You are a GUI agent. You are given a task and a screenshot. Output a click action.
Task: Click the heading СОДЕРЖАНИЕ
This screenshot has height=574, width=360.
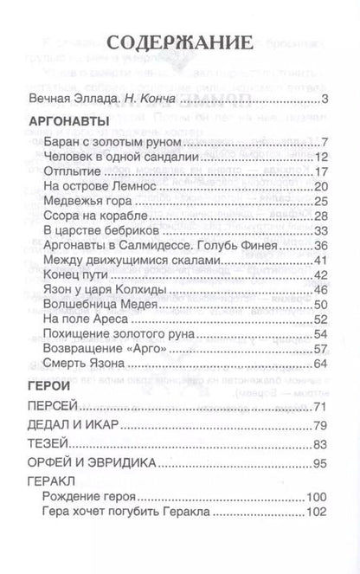[x=180, y=45]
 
